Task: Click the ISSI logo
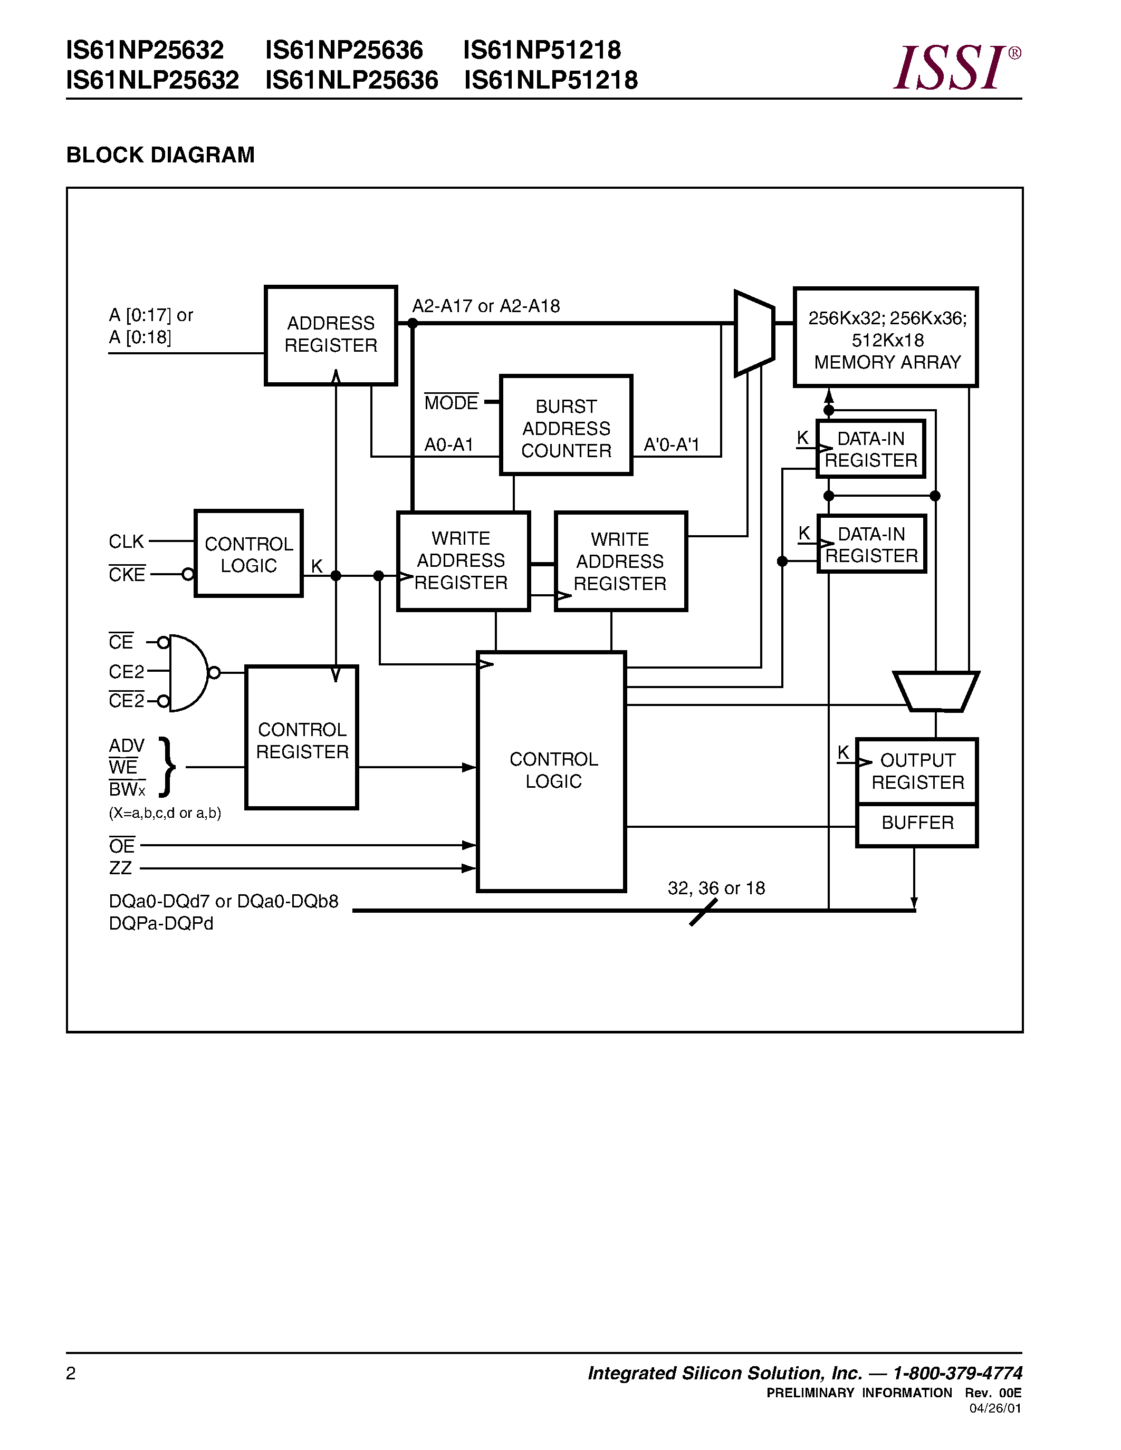[x=955, y=67]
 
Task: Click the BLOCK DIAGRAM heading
[x=160, y=154]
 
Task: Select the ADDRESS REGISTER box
[x=331, y=335]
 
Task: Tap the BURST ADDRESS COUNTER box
[x=566, y=426]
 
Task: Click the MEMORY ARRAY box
[x=886, y=337]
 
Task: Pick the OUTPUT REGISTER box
[x=917, y=771]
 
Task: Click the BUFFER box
[x=917, y=823]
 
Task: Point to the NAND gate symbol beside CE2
[x=188, y=673]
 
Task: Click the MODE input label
[x=451, y=403]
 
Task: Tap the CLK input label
[x=126, y=542]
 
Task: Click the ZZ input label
[x=120, y=868]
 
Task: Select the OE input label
[x=121, y=846]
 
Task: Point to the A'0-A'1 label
[x=672, y=445]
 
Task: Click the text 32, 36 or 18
[x=716, y=888]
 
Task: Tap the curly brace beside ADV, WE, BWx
[x=167, y=767]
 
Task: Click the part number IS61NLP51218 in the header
[x=551, y=80]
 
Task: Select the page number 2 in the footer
[x=71, y=1374]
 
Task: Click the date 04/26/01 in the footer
[x=995, y=1408]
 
